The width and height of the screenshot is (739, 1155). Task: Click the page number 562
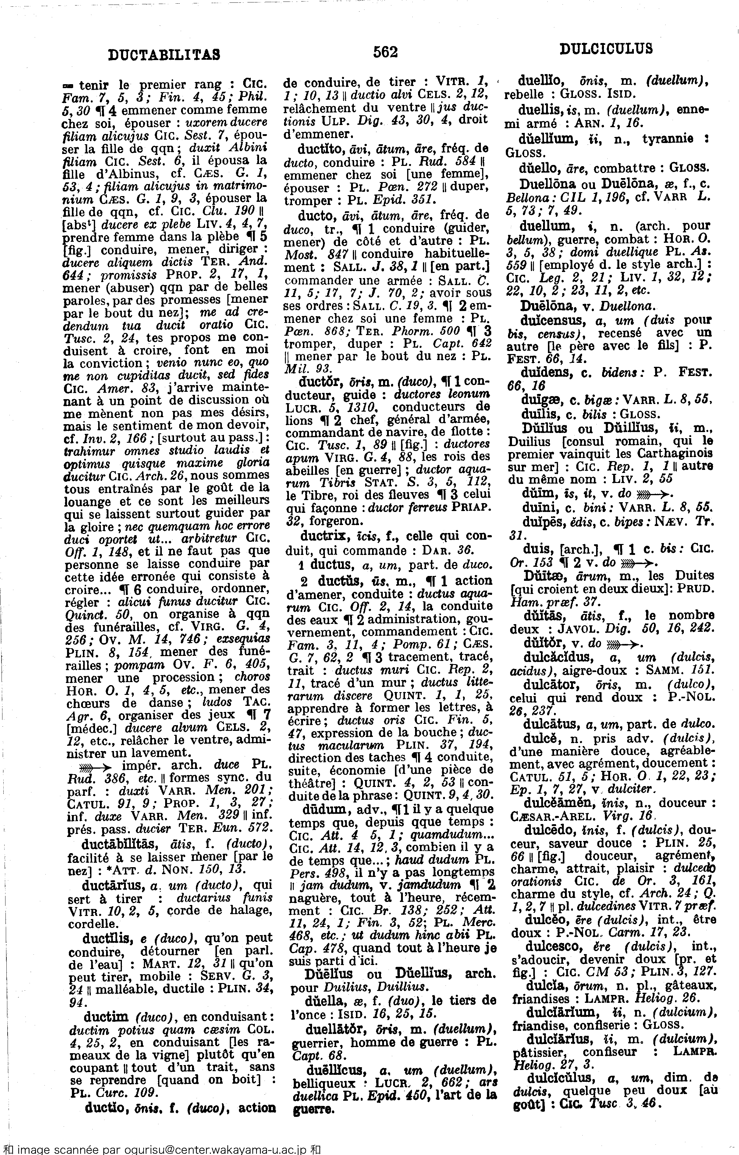click(385, 51)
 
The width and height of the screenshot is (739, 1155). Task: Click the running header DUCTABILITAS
click(164, 54)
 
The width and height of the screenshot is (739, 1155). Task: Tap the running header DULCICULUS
click(606, 48)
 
